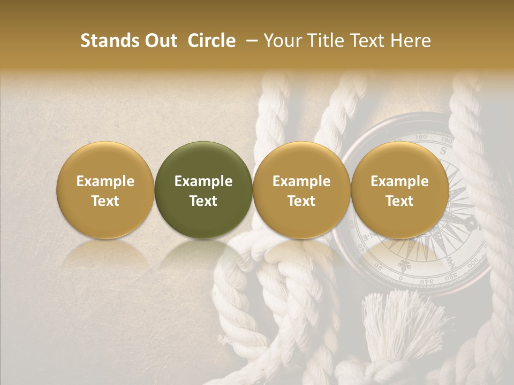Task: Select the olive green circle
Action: pos(203,190)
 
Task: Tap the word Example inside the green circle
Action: pos(203,181)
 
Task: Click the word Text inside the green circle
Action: pos(203,201)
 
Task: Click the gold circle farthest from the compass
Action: pos(105,190)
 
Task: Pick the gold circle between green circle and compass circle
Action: pos(301,190)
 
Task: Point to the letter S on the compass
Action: pos(443,151)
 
